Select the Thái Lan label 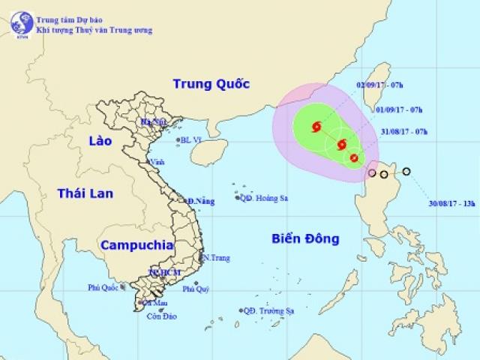pos(85,193)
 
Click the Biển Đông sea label pos(305,239)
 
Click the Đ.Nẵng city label pos(202,201)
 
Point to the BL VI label pos(193,139)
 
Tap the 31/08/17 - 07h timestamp pos(404,132)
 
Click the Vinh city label pos(157,161)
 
